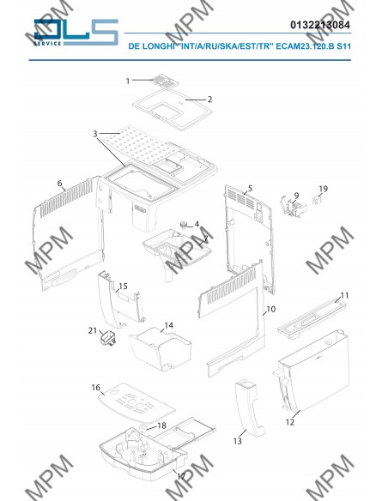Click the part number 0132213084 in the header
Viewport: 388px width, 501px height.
coord(320,25)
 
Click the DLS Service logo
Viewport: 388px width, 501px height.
coord(76,33)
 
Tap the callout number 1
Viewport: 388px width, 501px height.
coord(128,81)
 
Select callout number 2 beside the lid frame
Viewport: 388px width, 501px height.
coord(209,100)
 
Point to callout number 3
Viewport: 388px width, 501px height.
coord(95,134)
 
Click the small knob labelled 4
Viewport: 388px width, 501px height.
coord(184,226)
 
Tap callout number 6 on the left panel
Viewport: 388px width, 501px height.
coord(60,183)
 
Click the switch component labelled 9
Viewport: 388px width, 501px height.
coord(294,206)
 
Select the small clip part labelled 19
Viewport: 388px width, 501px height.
coord(317,201)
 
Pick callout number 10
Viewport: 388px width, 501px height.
coord(270,309)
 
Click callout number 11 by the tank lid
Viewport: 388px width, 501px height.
coord(344,295)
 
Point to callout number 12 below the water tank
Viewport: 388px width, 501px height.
coord(290,422)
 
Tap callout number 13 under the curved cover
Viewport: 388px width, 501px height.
coord(238,441)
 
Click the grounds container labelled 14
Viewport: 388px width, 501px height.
coord(161,349)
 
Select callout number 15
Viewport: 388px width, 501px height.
coord(123,286)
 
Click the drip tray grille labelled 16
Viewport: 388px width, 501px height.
coord(136,403)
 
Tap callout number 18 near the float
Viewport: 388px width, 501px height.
coord(162,426)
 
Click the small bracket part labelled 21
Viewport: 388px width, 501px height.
coord(108,339)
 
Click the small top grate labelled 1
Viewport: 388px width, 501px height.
coord(164,81)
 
